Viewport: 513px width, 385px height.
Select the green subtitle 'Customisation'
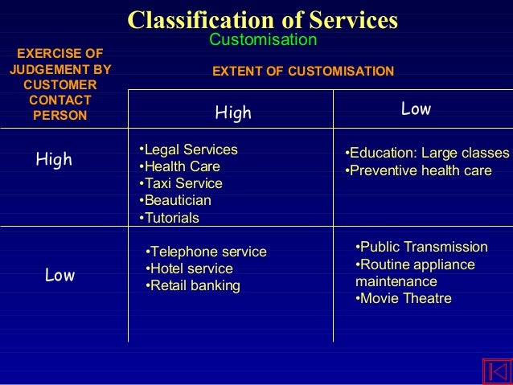pos(263,40)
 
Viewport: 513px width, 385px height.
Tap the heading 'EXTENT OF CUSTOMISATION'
pos(302,72)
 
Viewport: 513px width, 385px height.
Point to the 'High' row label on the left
pos(54,160)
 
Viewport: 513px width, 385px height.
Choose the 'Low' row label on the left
pos(60,276)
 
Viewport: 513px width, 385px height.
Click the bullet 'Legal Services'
pos(189,150)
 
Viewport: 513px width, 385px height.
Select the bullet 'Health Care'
pos(180,167)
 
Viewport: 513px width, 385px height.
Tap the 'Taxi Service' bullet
pos(181,184)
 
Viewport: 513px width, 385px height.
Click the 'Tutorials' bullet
pos(170,218)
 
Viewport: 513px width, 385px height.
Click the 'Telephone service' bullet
pos(206,252)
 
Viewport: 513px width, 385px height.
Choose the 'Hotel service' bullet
pos(190,268)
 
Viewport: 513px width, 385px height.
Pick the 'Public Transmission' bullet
pos(421,247)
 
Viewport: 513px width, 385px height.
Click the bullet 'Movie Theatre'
pos(404,299)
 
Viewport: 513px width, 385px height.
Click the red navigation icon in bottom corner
pos(496,371)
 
